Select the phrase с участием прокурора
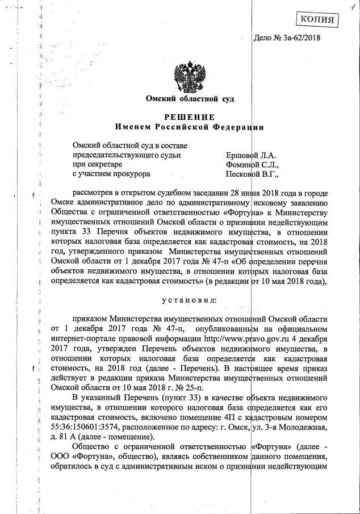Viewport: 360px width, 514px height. [x=111, y=174]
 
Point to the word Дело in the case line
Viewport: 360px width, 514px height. [x=264, y=39]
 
